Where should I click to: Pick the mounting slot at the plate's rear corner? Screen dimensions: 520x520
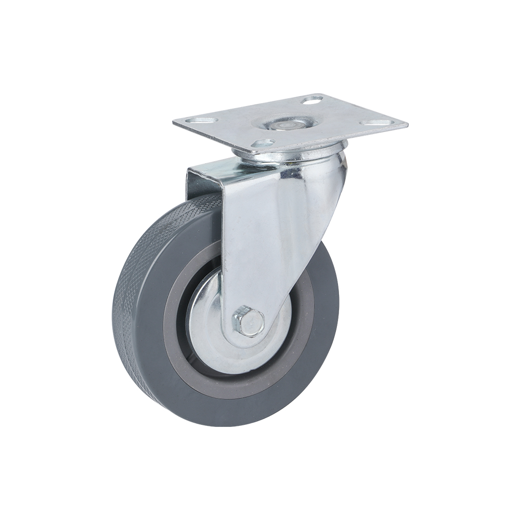pyautogui.click(x=312, y=99)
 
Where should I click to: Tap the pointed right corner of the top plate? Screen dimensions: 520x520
pyautogui.click(x=407, y=125)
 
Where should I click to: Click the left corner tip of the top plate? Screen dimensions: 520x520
pyautogui.click(x=174, y=122)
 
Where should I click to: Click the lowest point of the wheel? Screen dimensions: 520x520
pyautogui.click(x=229, y=426)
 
